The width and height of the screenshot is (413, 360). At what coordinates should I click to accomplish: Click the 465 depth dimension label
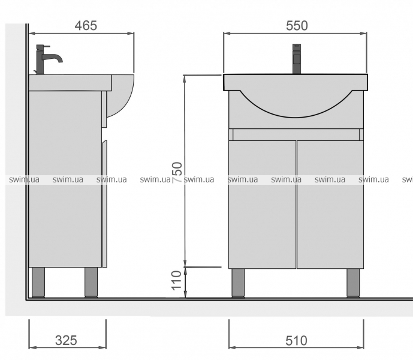[86, 26]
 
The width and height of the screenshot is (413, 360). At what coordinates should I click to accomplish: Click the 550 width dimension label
[297, 26]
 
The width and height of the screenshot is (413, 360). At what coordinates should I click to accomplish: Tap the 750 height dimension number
[177, 172]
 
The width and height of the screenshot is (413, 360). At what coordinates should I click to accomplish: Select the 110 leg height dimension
[177, 281]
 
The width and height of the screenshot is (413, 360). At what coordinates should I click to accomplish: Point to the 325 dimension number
[66, 340]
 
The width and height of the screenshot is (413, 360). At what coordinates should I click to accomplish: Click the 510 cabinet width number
[296, 340]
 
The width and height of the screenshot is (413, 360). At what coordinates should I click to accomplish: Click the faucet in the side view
[47, 59]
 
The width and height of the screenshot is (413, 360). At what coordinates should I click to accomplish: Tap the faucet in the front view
[297, 59]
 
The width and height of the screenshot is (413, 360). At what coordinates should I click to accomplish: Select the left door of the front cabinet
[262, 205]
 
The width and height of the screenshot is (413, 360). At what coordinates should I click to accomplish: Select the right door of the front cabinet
[330, 205]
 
